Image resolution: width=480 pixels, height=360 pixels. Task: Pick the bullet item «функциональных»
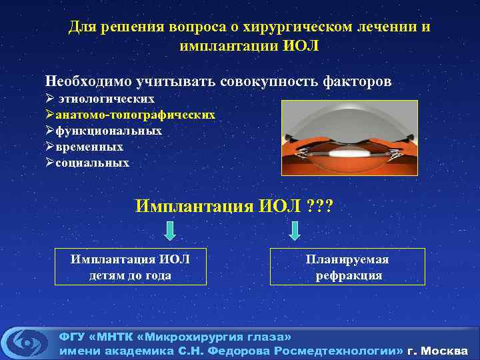[109, 131]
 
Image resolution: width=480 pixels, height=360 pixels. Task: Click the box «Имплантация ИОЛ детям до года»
[130, 267]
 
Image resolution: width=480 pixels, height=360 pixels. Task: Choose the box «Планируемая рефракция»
[347, 267]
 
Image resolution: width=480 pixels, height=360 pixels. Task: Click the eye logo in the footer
[27, 342]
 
